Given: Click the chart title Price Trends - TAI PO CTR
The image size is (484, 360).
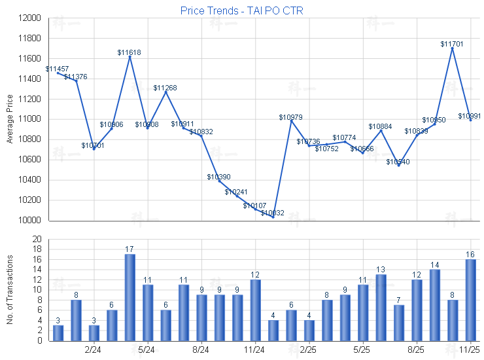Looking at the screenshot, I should click(241, 11).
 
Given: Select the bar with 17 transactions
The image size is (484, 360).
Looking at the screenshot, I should click(130, 297).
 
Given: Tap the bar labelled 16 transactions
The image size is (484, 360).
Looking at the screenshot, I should click(470, 300).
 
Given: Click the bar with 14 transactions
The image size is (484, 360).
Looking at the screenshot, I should click(434, 305).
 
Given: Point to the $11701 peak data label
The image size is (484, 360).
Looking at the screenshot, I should click(452, 44).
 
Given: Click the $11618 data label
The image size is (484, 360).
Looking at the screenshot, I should click(130, 52).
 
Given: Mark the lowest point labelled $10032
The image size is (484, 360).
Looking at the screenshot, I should click(273, 213).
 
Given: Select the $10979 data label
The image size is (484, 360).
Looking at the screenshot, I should click(290, 117).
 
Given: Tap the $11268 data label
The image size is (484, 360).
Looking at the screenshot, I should click(165, 88).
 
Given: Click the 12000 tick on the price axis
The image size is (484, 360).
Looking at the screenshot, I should click(30, 18).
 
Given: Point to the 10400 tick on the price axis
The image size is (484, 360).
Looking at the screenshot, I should click(30, 180).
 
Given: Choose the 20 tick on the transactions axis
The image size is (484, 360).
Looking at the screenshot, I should click(37, 239).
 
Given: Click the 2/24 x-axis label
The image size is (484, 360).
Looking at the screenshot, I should click(94, 351).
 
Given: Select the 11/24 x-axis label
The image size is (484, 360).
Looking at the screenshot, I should click(255, 351).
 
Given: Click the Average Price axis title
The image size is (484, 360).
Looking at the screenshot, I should click(10, 119).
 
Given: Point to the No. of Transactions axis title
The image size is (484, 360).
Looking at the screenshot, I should click(10, 290).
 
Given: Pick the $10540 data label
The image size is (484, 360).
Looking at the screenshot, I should click(398, 162).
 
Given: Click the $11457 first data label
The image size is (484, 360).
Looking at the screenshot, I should click(57, 69).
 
